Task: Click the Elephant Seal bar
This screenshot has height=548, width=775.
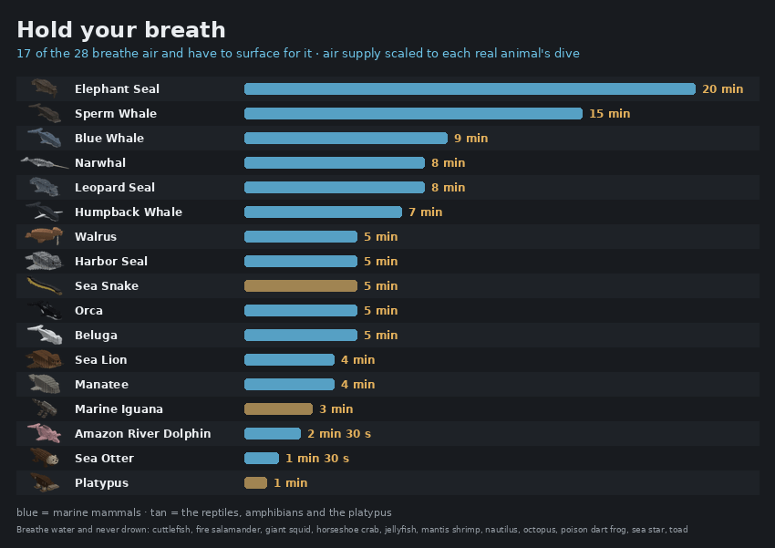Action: [470, 89]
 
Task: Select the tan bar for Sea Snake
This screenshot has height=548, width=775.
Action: [301, 286]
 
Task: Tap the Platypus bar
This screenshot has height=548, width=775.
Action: [255, 482]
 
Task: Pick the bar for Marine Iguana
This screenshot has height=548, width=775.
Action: [278, 409]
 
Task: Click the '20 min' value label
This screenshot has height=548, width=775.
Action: [723, 89]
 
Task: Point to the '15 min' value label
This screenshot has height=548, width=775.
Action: [609, 114]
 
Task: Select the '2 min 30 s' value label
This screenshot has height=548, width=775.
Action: [339, 434]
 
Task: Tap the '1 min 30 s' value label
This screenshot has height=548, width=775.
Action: [317, 459]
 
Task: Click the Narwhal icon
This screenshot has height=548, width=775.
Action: [45, 162]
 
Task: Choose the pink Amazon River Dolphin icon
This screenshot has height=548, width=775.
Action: [45, 433]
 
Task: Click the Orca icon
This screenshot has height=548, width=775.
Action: [46, 310]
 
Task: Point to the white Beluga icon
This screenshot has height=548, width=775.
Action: [45, 335]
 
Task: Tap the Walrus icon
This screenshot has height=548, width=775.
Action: [45, 236]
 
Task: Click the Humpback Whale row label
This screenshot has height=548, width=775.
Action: [129, 212]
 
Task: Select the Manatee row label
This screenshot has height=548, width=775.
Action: [101, 385]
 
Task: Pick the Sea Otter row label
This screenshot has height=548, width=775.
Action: [104, 459]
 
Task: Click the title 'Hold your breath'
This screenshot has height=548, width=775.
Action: [121, 30]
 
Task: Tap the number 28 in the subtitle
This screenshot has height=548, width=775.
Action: [81, 54]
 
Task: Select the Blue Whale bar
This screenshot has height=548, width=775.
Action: [346, 139]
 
